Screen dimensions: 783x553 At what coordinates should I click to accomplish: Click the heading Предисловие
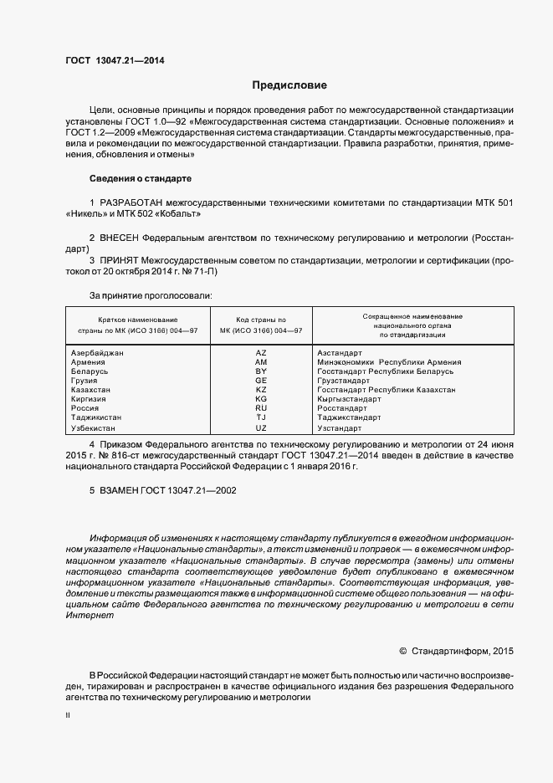point(289,85)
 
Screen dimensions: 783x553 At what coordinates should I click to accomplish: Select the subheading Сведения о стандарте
point(141,179)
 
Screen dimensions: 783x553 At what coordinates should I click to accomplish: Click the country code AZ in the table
point(261,353)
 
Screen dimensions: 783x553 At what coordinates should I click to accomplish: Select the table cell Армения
point(89,362)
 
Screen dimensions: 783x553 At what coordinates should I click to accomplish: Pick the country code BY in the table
point(261,371)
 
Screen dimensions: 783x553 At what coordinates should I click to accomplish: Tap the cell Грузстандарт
point(344,380)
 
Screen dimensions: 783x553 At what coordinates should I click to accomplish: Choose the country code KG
point(261,399)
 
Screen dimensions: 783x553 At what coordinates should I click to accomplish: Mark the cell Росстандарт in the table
point(342,408)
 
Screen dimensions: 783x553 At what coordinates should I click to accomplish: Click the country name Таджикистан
point(96,417)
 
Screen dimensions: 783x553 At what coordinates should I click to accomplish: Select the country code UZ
point(261,427)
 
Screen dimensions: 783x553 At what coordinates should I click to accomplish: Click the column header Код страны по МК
point(260,325)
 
